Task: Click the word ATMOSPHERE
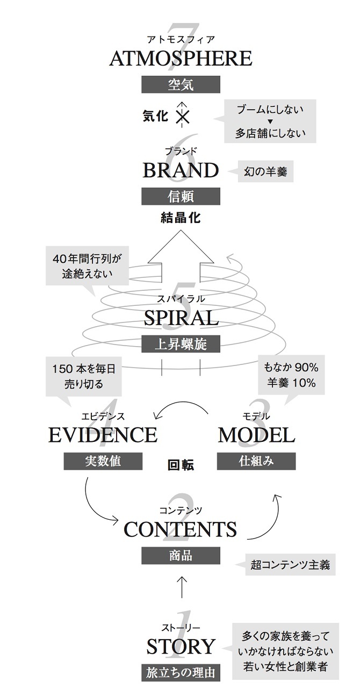(181, 59)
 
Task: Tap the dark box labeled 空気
(181, 84)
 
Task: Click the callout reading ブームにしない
(270, 121)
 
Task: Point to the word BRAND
(181, 170)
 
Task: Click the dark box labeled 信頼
(181, 196)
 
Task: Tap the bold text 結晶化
(181, 218)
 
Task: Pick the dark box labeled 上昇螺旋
(181, 344)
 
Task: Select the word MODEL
(256, 435)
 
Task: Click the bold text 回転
(181, 465)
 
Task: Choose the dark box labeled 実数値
(103, 461)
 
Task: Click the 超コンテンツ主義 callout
(286, 564)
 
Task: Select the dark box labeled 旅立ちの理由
(181, 673)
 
